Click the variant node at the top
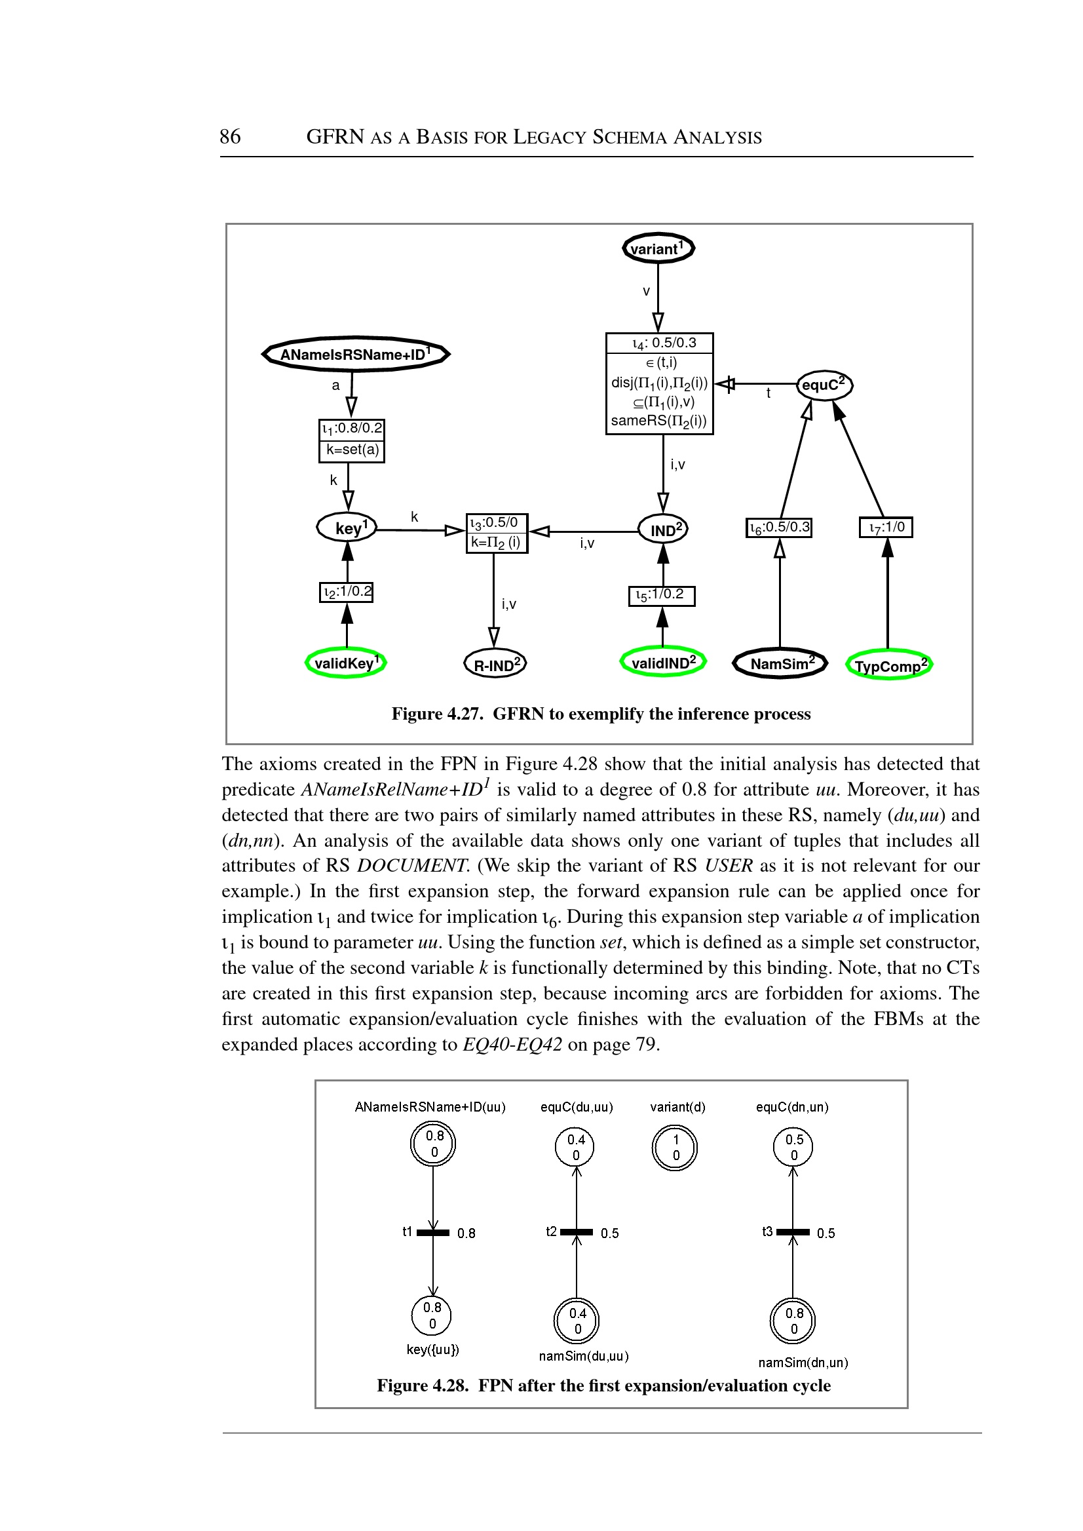pos(658,249)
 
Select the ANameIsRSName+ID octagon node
pos(356,353)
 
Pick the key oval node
pos(347,528)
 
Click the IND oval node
pos(663,530)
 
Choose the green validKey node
pos(346,663)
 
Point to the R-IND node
pos(495,664)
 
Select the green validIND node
pos(663,662)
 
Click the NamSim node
pos(780,663)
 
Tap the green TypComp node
pos(889,665)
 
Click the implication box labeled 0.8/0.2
pos(352,440)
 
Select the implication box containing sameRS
pos(660,383)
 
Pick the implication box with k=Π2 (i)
pos(497,533)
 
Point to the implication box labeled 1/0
pos(886,528)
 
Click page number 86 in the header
pos(230,137)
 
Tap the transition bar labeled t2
pos(576,1232)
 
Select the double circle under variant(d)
pos(675,1148)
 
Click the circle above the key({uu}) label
pos(432,1315)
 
